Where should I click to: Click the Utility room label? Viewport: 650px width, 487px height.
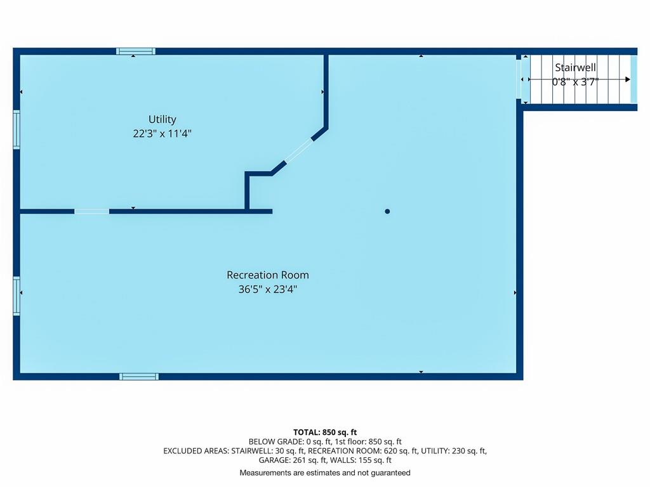(x=162, y=119)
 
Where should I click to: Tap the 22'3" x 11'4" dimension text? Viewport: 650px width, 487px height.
(x=162, y=133)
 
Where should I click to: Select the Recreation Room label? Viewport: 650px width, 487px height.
(x=268, y=275)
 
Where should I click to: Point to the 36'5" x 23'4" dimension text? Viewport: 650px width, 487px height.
(x=268, y=289)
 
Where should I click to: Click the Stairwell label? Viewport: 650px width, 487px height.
(x=575, y=67)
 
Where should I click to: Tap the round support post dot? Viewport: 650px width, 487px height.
(x=387, y=211)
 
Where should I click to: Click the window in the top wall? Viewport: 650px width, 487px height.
(x=136, y=51)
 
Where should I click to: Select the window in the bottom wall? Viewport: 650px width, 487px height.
(x=139, y=377)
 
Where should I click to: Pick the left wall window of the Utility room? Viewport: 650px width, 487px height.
(x=17, y=129)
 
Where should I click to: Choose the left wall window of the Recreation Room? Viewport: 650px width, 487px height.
(x=17, y=296)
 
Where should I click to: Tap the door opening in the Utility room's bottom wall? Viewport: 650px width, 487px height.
(x=91, y=211)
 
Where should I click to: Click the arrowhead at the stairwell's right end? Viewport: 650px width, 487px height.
(x=628, y=79)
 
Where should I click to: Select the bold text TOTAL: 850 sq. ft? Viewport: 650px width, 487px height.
(x=325, y=432)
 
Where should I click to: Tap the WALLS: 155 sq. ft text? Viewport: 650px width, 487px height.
(x=361, y=460)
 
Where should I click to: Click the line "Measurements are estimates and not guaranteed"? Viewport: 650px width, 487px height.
(x=325, y=472)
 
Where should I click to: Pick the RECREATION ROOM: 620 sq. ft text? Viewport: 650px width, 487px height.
(x=362, y=451)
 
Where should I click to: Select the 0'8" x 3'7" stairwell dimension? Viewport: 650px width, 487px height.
(x=575, y=82)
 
